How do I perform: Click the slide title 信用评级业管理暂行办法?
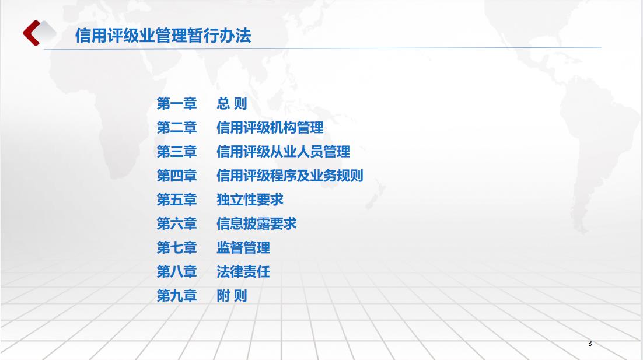163,36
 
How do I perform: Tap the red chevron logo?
31,33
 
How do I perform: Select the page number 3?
590,343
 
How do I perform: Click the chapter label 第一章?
177,103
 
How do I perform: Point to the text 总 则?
232,103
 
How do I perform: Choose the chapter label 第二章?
177,128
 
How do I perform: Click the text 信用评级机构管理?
270,128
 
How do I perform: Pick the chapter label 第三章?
177,151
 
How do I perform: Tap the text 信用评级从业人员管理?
284,151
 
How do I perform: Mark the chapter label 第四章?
177,176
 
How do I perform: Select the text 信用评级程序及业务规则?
290,176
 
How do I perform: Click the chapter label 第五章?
177,200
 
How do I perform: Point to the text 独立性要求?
250,200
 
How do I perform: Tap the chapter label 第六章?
177,223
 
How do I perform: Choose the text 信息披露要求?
257,223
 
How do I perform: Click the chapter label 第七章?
177,247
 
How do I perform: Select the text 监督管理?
243,247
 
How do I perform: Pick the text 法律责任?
243,271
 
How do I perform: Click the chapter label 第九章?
177,296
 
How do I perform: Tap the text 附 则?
232,296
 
